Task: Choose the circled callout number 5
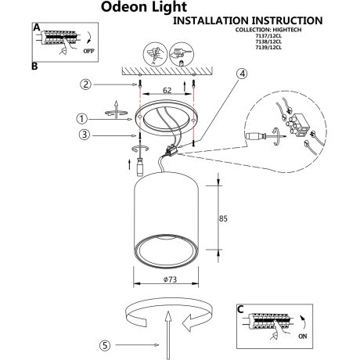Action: pyautogui.click(x=106, y=345)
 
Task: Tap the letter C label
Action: pyautogui.click(x=243, y=310)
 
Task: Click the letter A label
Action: pyautogui.click(x=35, y=27)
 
